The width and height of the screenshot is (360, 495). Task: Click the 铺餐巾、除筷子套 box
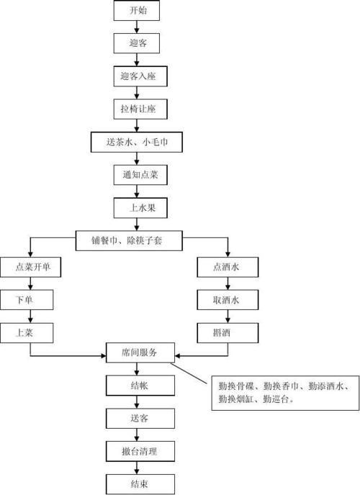(130, 238)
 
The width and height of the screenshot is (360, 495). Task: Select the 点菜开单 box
(29, 268)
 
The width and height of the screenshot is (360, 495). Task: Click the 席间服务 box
(140, 353)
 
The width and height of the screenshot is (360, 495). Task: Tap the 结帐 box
(140, 386)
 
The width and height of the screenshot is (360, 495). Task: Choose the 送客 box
(140, 418)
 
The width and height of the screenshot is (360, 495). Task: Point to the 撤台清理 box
(140, 451)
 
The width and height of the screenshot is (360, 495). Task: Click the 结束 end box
(140, 483)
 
